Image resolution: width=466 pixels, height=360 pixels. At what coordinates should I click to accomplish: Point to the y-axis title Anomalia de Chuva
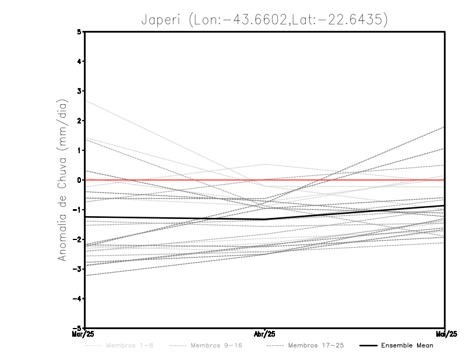pyautogui.click(x=62, y=179)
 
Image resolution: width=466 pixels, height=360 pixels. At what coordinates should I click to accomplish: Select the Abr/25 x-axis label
pyautogui.click(x=264, y=334)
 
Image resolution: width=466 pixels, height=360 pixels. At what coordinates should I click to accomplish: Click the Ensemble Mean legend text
pyautogui.click(x=407, y=345)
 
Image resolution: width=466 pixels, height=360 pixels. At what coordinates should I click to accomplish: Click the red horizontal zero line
pyautogui.click(x=349, y=180)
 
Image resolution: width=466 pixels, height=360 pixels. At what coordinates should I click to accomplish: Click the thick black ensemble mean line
pyautogui.click(x=175, y=218)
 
